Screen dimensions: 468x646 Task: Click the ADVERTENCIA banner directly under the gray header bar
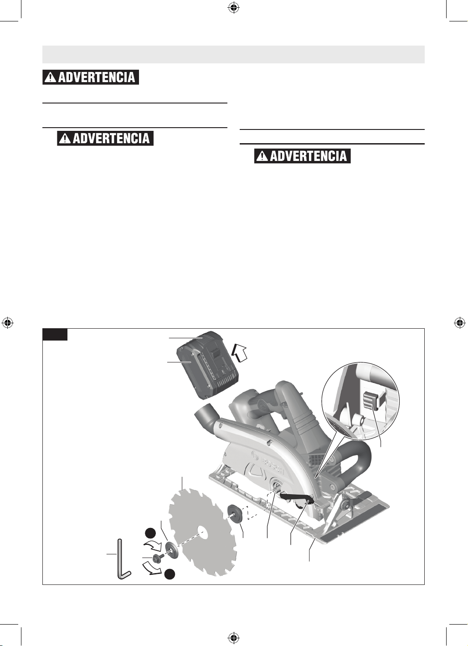tap(91, 77)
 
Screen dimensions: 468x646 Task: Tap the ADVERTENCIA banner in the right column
tap(302, 156)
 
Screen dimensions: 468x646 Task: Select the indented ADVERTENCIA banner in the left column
tap(105, 139)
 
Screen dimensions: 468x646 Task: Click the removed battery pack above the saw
tap(207, 365)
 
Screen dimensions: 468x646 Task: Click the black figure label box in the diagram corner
tap(55, 334)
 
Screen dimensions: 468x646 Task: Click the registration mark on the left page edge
tap(7, 323)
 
